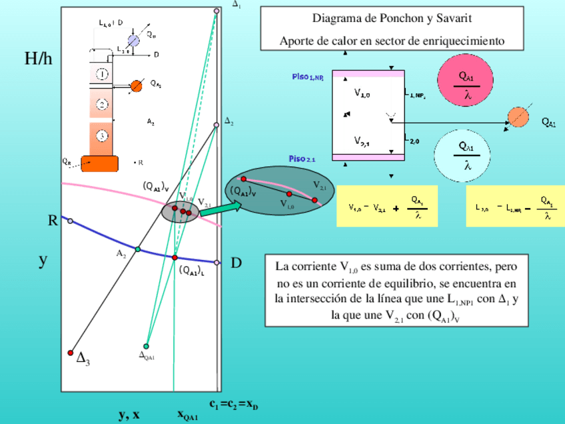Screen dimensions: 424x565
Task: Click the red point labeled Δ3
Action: [x=71, y=353]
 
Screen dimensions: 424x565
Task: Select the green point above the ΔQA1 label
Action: [x=146, y=346]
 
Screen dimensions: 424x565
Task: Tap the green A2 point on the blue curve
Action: [x=138, y=249]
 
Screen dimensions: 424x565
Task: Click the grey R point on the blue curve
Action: [x=70, y=221]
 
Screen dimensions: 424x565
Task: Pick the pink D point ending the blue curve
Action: [x=217, y=263]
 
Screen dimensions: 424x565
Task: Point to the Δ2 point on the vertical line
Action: [x=216, y=125]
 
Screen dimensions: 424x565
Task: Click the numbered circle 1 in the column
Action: [x=103, y=73]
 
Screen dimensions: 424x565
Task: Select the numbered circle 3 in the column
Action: [x=102, y=136]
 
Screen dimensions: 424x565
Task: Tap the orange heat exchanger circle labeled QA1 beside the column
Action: [x=136, y=85]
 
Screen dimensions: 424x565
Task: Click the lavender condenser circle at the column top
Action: [x=133, y=41]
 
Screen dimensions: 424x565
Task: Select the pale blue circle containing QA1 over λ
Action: [x=467, y=153]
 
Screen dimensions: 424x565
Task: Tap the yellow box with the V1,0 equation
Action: [x=386, y=206]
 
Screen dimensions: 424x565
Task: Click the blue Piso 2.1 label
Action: [x=302, y=159]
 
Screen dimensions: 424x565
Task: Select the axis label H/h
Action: [x=38, y=59]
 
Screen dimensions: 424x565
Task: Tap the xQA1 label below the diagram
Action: [x=187, y=415]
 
